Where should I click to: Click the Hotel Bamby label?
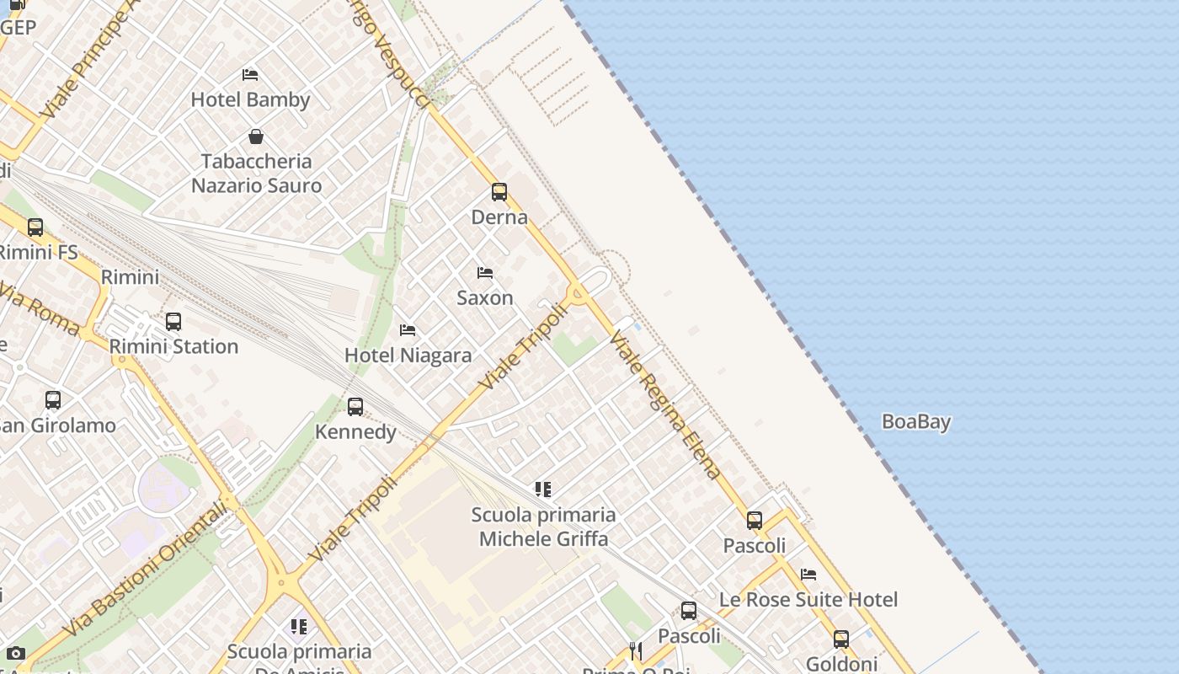tap(250, 99)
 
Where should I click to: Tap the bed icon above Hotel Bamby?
tap(250, 74)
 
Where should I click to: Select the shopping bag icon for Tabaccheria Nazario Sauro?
tap(256, 136)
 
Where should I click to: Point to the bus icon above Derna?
tap(499, 192)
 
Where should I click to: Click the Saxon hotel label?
tap(484, 297)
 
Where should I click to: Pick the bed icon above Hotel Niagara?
tap(408, 329)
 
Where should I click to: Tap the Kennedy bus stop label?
tap(355, 432)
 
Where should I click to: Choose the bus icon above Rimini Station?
tap(173, 321)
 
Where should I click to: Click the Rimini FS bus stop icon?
tap(35, 227)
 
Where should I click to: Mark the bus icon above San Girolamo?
tap(53, 399)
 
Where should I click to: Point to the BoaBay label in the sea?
tap(916, 421)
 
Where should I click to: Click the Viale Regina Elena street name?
tap(665, 404)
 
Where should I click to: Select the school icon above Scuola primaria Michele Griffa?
tap(543, 489)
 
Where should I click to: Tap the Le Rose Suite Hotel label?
tap(808, 600)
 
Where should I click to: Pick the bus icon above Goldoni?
tap(841, 639)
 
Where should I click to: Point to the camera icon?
tap(15, 653)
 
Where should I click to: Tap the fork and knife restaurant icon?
tap(636, 650)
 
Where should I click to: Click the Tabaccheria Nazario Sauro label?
tap(257, 173)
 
